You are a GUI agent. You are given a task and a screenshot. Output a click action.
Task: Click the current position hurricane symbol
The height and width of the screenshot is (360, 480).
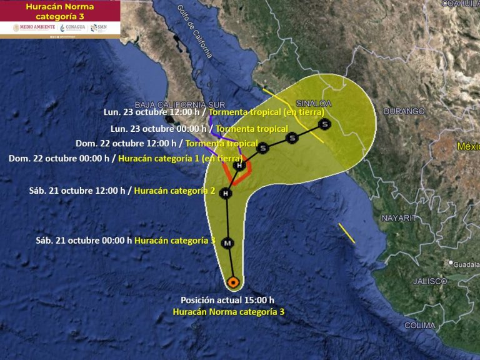(233, 282)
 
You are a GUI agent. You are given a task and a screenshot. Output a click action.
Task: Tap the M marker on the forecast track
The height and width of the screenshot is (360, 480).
(228, 242)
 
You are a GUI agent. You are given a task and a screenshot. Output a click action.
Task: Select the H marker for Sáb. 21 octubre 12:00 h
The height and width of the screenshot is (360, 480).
(226, 194)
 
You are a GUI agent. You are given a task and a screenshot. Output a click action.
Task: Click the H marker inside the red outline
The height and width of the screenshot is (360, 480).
(238, 166)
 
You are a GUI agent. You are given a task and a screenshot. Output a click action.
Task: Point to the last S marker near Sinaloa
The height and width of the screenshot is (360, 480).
(324, 124)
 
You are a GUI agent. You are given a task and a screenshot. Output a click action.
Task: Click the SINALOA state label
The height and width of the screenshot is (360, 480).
(314, 103)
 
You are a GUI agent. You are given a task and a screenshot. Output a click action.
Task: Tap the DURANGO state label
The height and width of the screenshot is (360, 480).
(404, 111)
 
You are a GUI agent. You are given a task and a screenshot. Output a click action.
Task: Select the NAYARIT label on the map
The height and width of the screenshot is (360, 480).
(399, 218)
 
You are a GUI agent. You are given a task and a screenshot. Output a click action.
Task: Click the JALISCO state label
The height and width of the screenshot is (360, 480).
(430, 281)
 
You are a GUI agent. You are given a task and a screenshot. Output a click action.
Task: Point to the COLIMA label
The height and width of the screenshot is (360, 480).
(420, 326)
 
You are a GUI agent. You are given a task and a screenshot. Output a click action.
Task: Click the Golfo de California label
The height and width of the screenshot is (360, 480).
(195, 31)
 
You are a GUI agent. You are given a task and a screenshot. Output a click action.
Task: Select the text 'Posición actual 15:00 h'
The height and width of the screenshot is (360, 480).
(227, 300)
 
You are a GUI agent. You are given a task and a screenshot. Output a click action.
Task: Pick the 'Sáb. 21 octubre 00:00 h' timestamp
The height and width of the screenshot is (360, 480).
(84, 240)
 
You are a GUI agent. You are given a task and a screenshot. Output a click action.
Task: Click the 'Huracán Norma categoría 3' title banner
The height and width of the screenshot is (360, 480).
(60, 11)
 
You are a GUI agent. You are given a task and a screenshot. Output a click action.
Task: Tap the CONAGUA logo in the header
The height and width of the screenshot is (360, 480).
(73, 27)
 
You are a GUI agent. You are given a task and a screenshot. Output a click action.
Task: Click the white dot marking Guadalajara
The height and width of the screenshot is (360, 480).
(451, 263)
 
